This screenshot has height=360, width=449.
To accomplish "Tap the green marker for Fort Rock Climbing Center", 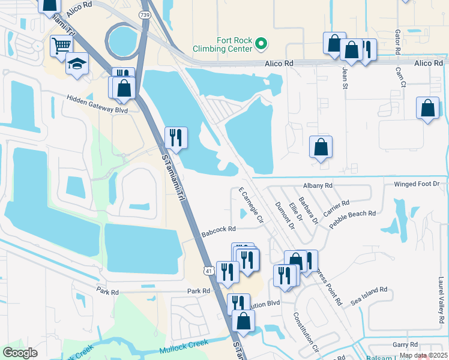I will point(261,43).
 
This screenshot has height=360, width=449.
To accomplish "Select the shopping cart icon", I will point(61,46).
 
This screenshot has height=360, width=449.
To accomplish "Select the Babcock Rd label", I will point(218,229).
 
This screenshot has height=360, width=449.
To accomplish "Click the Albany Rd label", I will point(318,186).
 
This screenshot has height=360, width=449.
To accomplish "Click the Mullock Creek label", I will point(184,346).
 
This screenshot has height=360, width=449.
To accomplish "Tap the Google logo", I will point(20,353).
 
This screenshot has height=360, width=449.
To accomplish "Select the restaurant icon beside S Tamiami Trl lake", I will point(176,137).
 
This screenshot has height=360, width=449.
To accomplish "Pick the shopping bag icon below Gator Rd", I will point(427,109).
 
